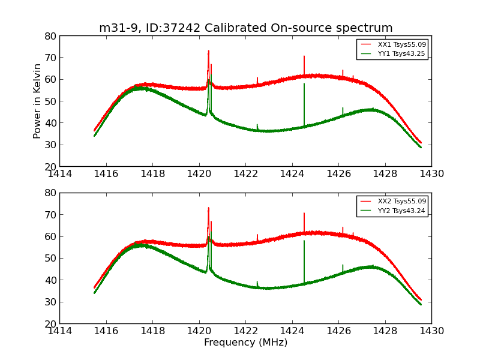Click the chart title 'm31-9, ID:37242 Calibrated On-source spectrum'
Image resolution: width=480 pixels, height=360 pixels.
(x=245, y=28)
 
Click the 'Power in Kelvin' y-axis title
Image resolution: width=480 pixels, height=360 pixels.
(x=37, y=101)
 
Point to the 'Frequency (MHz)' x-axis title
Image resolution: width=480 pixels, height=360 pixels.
(x=245, y=343)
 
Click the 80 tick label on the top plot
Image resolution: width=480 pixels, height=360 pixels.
(x=49, y=36)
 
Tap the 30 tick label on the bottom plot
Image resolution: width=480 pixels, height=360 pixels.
(x=49, y=302)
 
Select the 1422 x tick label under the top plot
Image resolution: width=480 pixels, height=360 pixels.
(x=245, y=174)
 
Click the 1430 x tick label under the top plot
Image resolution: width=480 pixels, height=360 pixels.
(x=431, y=174)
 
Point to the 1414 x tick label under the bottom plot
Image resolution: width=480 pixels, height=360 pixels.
(x=60, y=331)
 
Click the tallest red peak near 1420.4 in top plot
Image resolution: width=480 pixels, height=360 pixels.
(x=208, y=51)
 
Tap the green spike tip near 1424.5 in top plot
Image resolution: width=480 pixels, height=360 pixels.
(x=304, y=83)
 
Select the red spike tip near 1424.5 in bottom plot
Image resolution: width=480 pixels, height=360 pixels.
(x=304, y=213)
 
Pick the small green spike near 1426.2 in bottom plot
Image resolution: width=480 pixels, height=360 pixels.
(x=343, y=265)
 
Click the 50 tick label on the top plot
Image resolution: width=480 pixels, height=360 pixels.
(x=49, y=101)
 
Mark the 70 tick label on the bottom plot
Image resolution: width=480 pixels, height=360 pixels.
(x=49, y=215)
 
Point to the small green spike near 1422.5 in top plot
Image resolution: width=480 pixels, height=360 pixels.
(x=257, y=125)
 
